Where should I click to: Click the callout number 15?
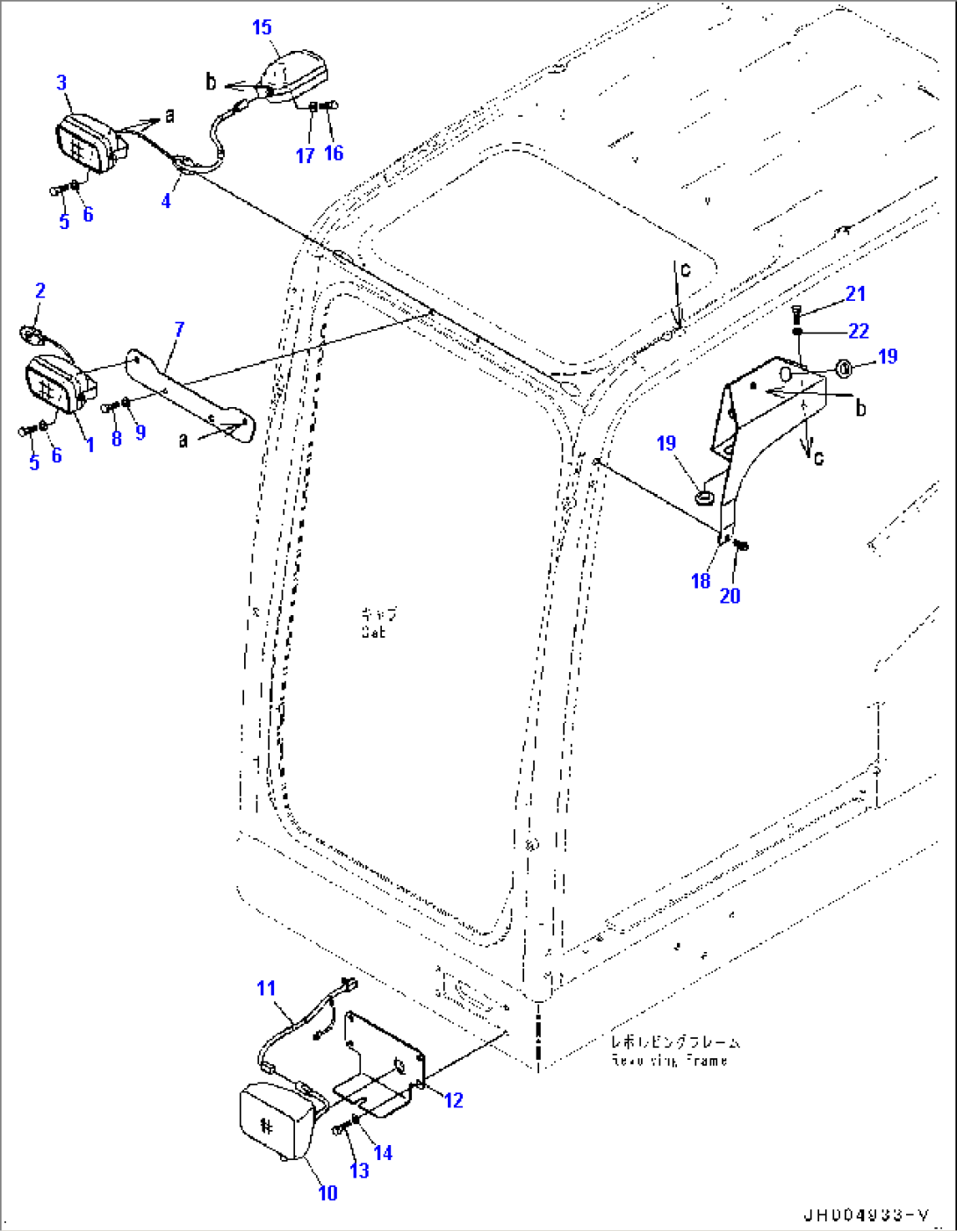[x=262, y=27]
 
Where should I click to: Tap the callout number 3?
[x=61, y=82]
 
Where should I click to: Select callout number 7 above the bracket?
[x=179, y=330]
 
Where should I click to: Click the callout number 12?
[x=453, y=1100]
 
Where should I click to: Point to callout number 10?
[x=327, y=1193]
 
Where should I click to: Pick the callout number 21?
[x=855, y=294]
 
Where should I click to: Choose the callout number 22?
[x=858, y=331]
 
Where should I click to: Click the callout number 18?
[x=700, y=581]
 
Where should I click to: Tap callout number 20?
[x=730, y=596]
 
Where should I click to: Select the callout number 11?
[x=266, y=989]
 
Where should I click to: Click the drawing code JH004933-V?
[x=866, y=1215]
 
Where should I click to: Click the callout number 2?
[x=40, y=290]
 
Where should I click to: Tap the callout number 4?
[x=166, y=201]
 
